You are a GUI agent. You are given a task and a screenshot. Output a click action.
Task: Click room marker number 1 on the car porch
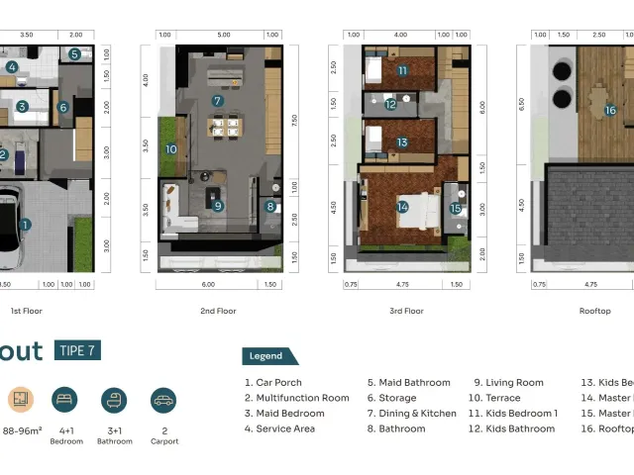pyautogui.click(x=25, y=225)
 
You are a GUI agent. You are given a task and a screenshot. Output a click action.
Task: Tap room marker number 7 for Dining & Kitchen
pyautogui.click(x=217, y=100)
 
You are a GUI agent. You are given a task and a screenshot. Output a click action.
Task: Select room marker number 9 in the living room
pyautogui.click(x=217, y=206)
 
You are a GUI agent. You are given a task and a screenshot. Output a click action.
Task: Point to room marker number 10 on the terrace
pyautogui.click(x=170, y=149)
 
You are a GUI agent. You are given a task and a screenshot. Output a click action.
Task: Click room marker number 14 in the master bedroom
pyautogui.click(x=402, y=207)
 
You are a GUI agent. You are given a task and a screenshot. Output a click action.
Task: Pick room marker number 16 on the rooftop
pyautogui.click(x=610, y=110)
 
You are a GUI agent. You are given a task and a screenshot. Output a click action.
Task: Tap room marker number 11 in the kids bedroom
pyautogui.click(x=403, y=70)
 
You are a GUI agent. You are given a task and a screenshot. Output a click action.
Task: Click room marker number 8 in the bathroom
pyautogui.click(x=270, y=207)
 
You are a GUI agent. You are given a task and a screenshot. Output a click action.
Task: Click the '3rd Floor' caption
pyautogui.click(x=406, y=311)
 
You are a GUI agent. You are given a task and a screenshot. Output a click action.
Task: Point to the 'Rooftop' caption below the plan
pyautogui.click(x=594, y=311)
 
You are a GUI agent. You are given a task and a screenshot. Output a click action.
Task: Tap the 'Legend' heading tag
pyautogui.click(x=265, y=356)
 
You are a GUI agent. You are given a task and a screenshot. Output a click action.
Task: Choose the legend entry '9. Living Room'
pyautogui.click(x=508, y=383)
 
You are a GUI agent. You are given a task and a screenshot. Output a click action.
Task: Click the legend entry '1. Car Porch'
pyautogui.click(x=272, y=383)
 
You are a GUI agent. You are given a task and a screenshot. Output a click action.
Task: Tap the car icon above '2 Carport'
pyautogui.click(x=163, y=400)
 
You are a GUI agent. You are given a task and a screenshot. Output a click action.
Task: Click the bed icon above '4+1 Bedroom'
pyautogui.click(x=65, y=400)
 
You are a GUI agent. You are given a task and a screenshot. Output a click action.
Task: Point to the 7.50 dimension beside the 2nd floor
pyautogui.click(x=294, y=120)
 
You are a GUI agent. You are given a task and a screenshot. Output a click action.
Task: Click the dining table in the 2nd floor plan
pyautogui.click(x=224, y=126)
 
